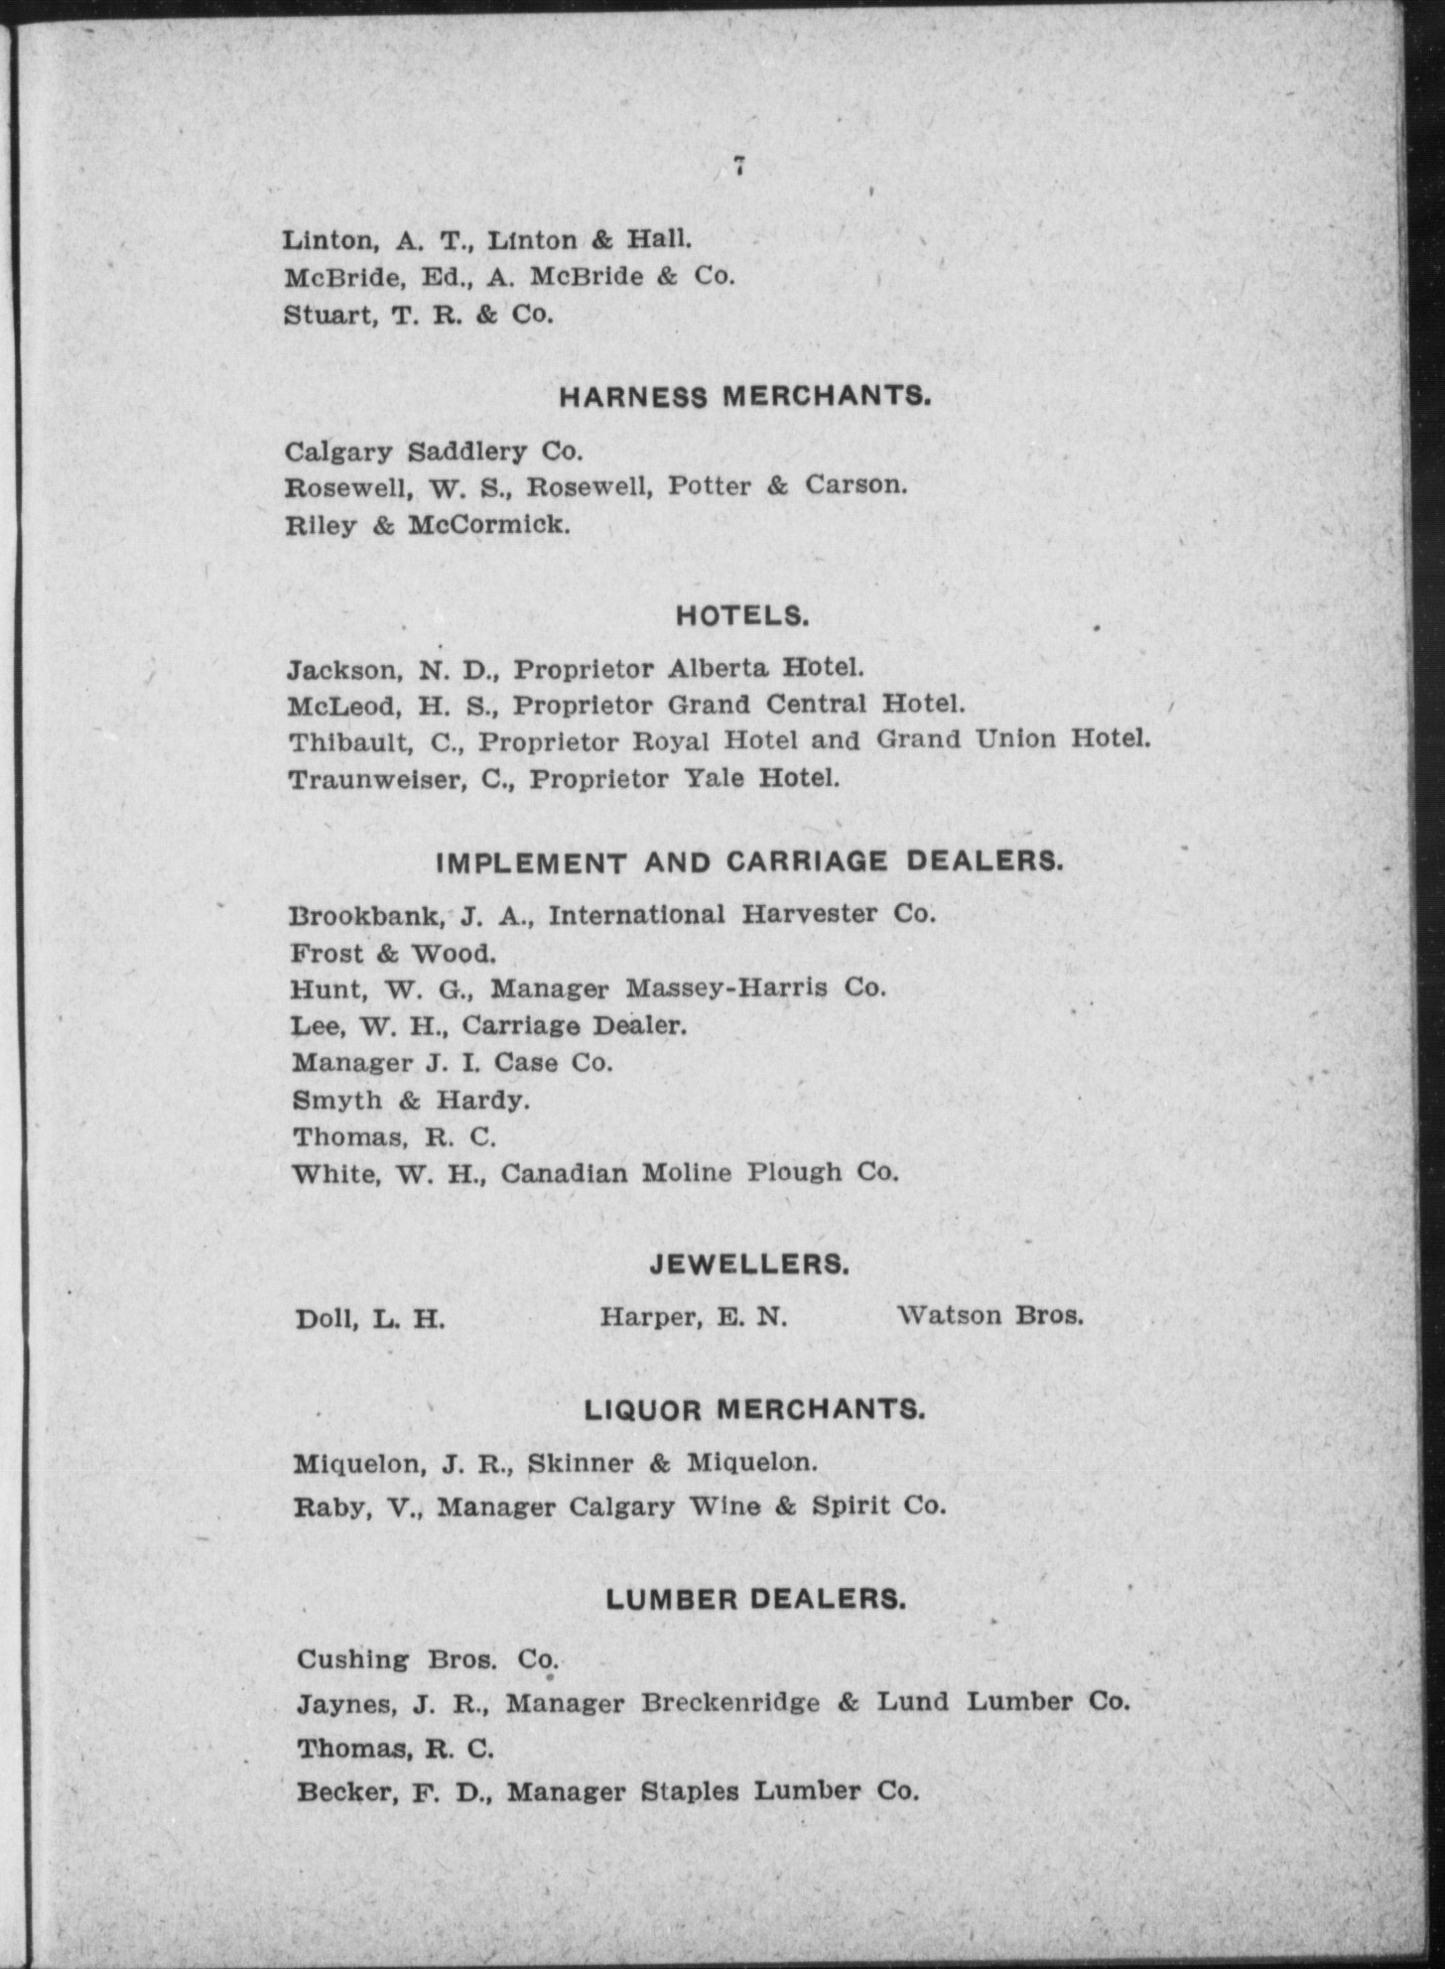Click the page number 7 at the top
click(x=739, y=167)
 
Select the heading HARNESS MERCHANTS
click(x=745, y=398)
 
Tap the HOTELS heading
click(x=742, y=616)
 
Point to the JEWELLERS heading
click(x=749, y=1264)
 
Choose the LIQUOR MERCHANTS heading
click(x=754, y=1409)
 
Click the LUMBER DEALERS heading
click(x=755, y=1599)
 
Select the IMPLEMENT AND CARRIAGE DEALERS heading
click(x=749, y=861)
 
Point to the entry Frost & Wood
click(x=393, y=954)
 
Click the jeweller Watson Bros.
click(x=989, y=1316)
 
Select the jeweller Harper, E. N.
click(x=693, y=1317)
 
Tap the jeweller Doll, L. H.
click(x=369, y=1320)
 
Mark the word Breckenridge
click(x=730, y=1703)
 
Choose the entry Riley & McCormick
click(x=427, y=525)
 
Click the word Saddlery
click(x=466, y=452)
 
